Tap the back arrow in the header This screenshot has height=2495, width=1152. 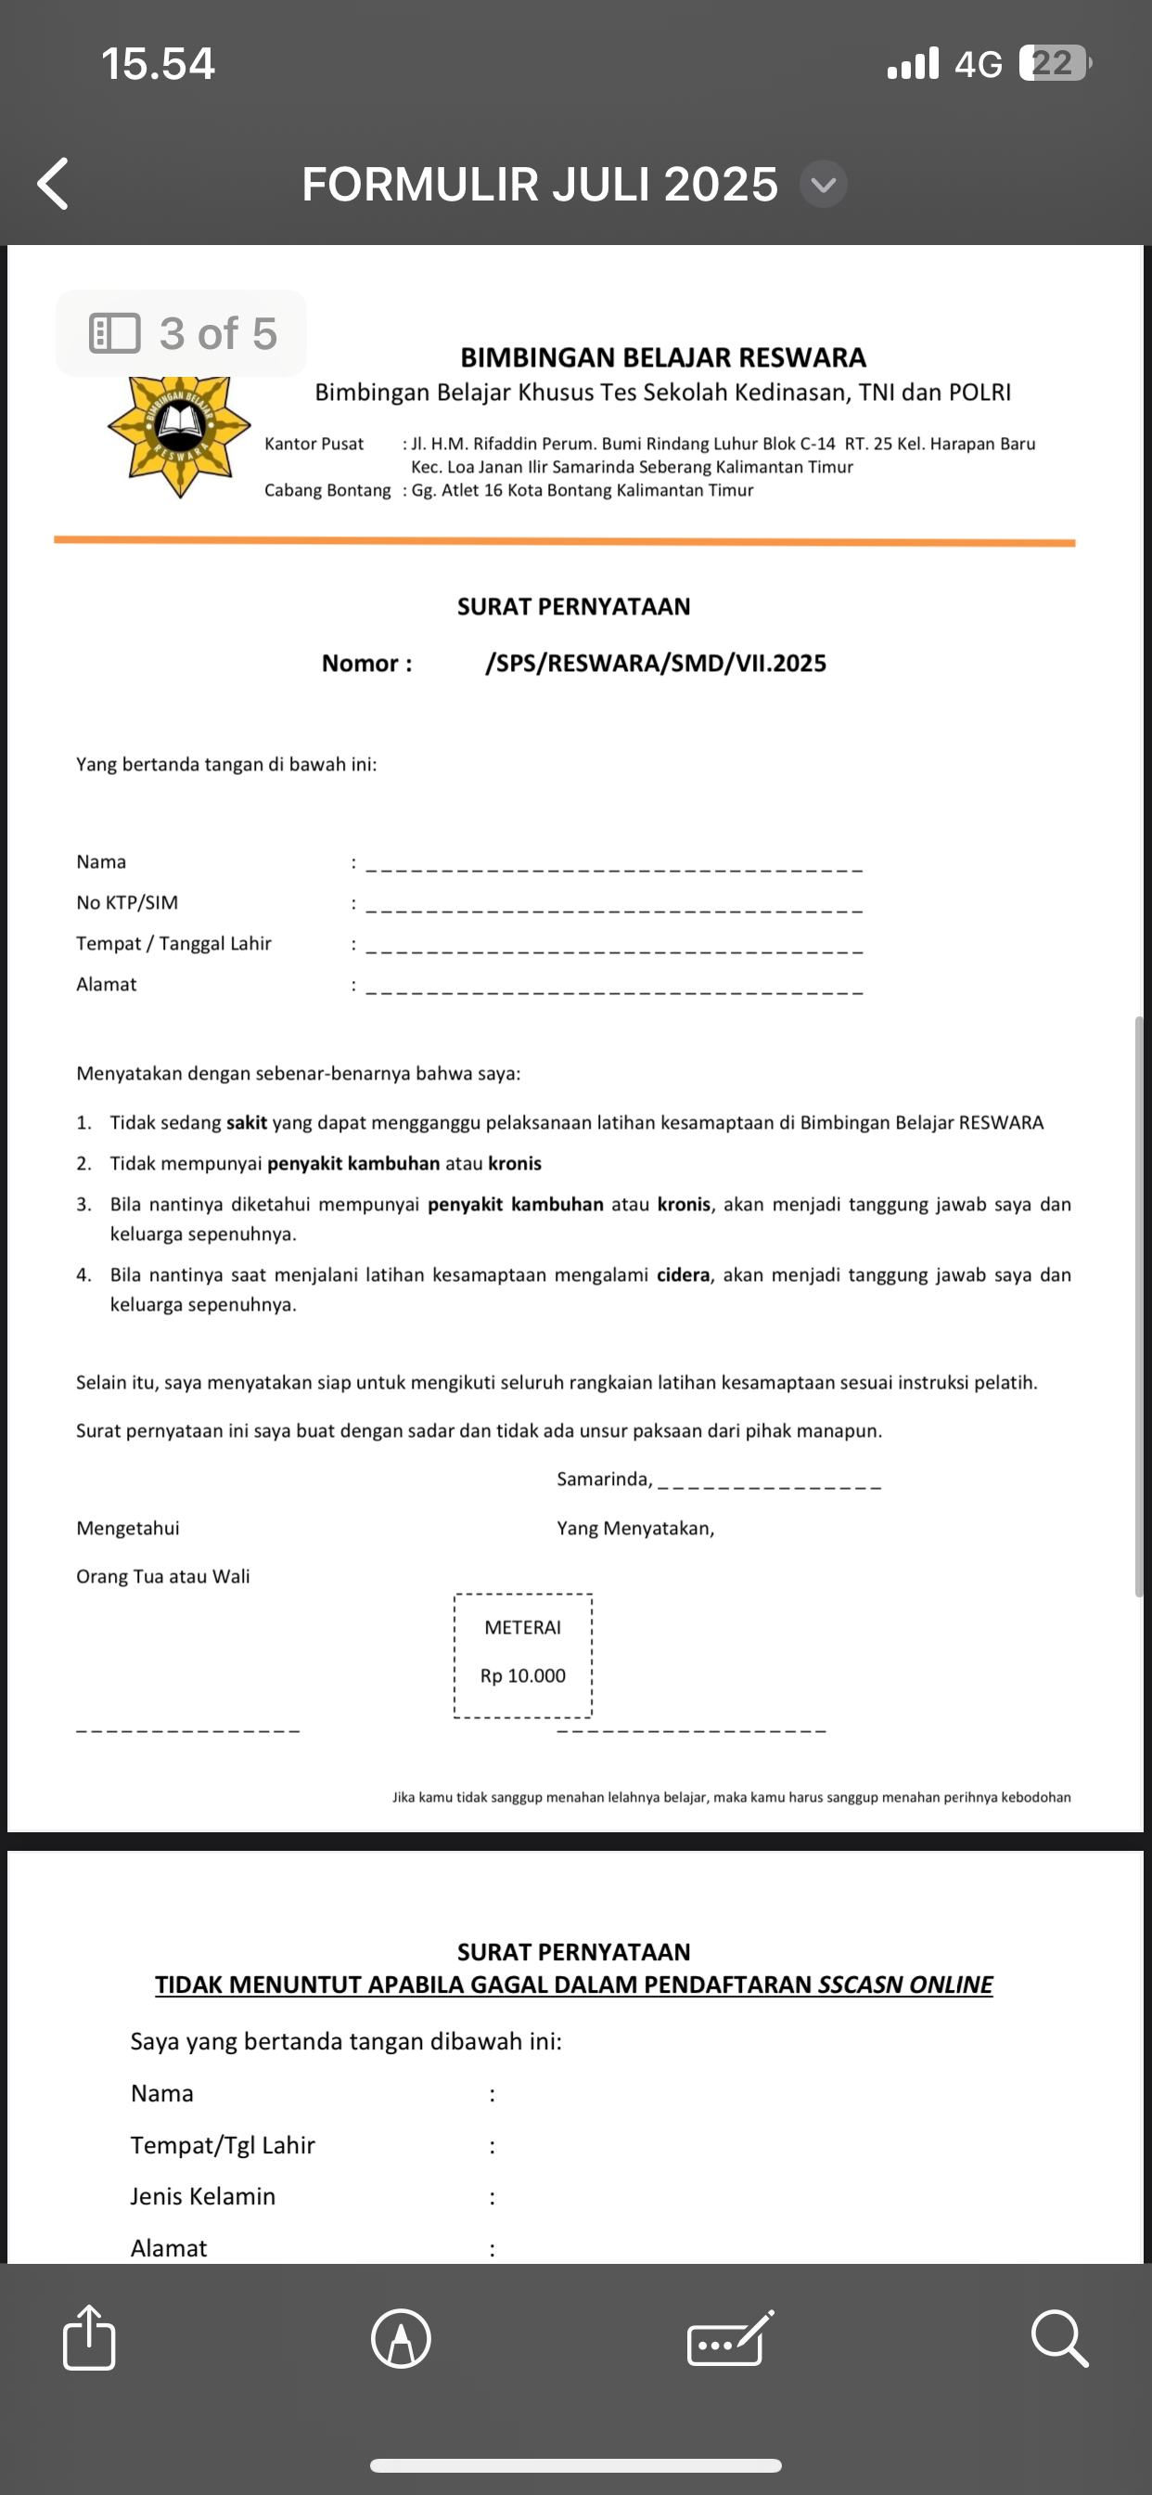tap(53, 184)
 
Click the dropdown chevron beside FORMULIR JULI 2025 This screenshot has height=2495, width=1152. tap(823, 184)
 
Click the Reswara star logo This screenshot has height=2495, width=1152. tap(179, 436)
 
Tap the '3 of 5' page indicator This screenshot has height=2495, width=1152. tap(182, 333)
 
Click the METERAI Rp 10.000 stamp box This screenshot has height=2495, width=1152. tap(523, 1655)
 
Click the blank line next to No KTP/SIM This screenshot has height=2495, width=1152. tap(614, 909)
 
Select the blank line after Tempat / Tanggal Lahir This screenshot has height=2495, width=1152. tap(614, 950)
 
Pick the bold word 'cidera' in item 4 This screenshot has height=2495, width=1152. tap(683, 1274)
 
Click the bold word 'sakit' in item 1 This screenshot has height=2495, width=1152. tap(246, 1122)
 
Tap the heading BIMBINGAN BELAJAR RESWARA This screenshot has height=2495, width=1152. tap(663, 357)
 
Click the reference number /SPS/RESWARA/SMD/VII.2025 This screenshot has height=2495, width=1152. tap(656, 664)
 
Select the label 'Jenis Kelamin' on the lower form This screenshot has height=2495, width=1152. tap(203, 2196)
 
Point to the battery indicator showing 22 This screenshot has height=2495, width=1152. tap(1055, 64)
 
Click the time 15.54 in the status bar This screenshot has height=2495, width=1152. tap(158, 64)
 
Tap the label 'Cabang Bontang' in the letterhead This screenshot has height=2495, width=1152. tap(327, 490)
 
